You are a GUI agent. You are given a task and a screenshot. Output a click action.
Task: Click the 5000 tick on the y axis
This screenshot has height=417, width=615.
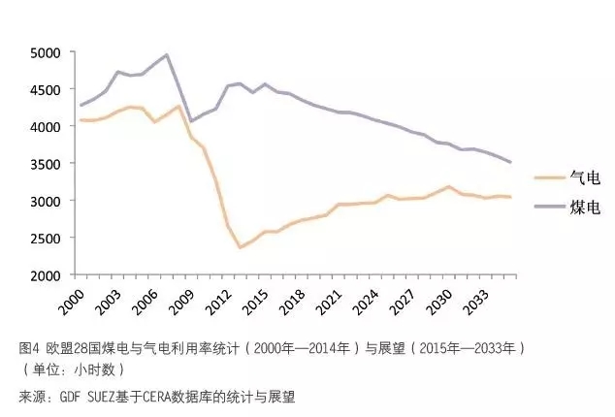pos(46,52)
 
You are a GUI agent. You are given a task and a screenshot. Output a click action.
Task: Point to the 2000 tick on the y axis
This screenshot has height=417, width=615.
pos(46,275)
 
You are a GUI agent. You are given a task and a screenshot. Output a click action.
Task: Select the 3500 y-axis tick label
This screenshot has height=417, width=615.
pos(46,164)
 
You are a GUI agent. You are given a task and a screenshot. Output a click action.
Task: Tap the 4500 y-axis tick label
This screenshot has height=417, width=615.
pos(46,89)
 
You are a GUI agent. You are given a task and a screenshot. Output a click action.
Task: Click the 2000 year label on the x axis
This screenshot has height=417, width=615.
pos(75,298)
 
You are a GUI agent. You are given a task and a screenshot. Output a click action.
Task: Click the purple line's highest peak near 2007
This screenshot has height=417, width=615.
pos(167,54)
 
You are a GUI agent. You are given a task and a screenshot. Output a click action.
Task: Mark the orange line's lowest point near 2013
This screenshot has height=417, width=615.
pos(240,247)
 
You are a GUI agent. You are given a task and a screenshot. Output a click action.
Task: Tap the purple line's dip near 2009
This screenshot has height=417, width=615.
pos(191,121)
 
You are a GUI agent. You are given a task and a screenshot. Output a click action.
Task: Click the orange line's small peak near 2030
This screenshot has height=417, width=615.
pos(449,186)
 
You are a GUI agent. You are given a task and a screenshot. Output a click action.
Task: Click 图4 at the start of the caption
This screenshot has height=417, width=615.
pos(28,347)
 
